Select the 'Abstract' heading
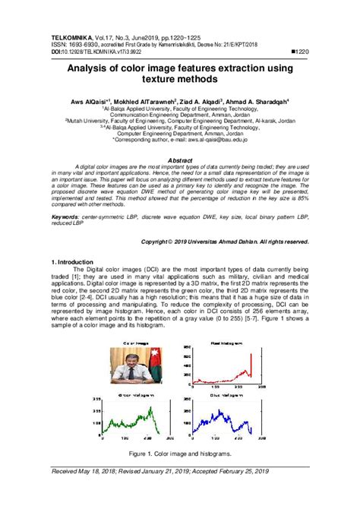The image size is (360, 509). click(179, 161)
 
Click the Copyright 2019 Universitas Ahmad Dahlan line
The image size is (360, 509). click(225, 241)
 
